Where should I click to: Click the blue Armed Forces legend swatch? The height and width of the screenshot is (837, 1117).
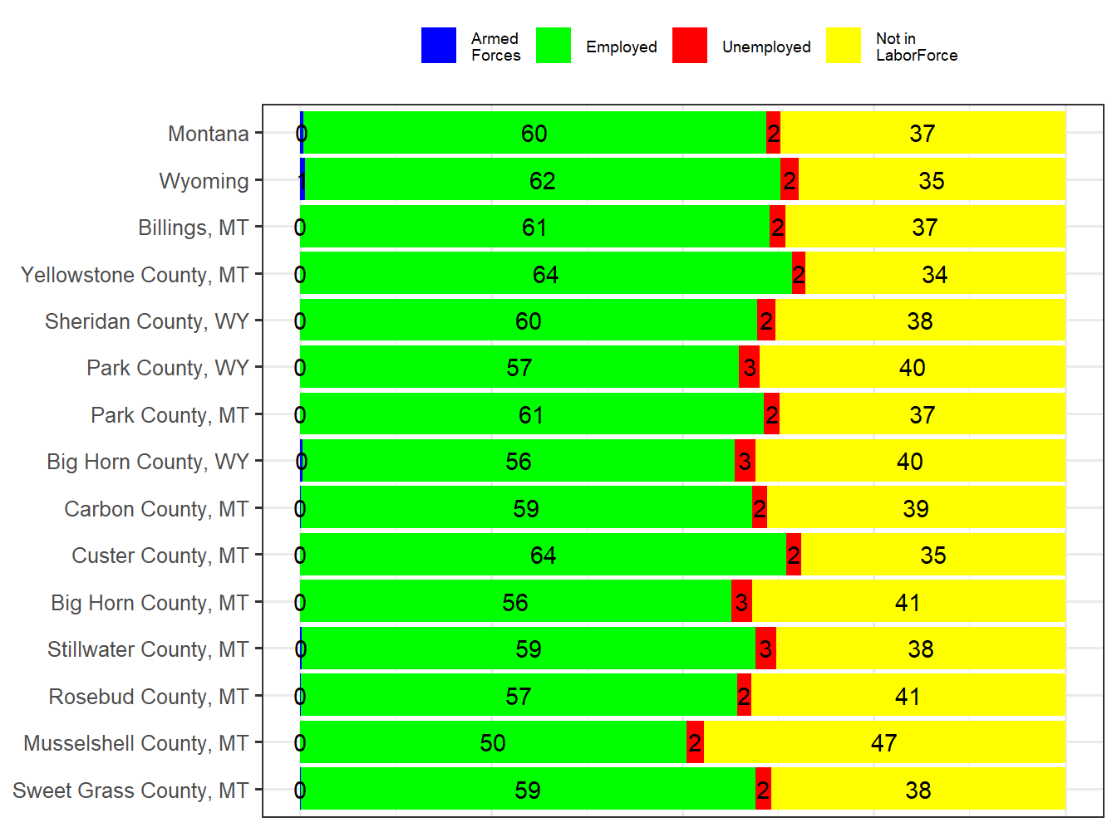pyautogui.click(x=439, y=46)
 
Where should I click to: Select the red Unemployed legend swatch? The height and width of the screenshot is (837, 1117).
pyautogui.click(x=690, y=46)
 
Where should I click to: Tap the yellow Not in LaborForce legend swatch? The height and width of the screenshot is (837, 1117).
pyautogui.click(x=844, y=46)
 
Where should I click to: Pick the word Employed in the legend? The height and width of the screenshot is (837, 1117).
pyautogui.click(x=621, y=47)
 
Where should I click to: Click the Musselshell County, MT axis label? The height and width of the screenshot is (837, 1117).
pyautogui.click(x=135, y=743)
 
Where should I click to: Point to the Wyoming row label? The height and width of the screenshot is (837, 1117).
pyautogui.click(x=204, y=181)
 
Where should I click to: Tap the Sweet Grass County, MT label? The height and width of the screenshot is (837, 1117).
pyautogui.click(x=130, y=790)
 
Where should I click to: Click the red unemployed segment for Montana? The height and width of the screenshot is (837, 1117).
pyautogui.click(x=773, y=133)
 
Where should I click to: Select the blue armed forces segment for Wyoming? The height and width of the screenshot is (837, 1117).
pyautogui.click(x=303, y=180)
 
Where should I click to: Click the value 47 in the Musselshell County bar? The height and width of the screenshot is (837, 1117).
pyautogui.click(x=883, y=743)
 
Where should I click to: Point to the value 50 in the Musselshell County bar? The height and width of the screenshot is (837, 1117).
pyautogui.click(x=493, y=743)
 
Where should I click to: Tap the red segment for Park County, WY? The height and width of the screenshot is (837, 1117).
pyautogui.click(x=749, y=367)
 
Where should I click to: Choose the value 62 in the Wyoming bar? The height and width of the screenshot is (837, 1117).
pyautogui.click(x=542, y=181)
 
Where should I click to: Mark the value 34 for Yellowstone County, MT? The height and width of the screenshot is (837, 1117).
pyautogui.click(x=934, y=275)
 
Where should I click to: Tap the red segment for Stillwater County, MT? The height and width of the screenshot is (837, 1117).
pyautogui.click(x=765, y=649)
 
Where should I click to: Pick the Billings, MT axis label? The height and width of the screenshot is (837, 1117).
pyautogui.click(x=193, y=228)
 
